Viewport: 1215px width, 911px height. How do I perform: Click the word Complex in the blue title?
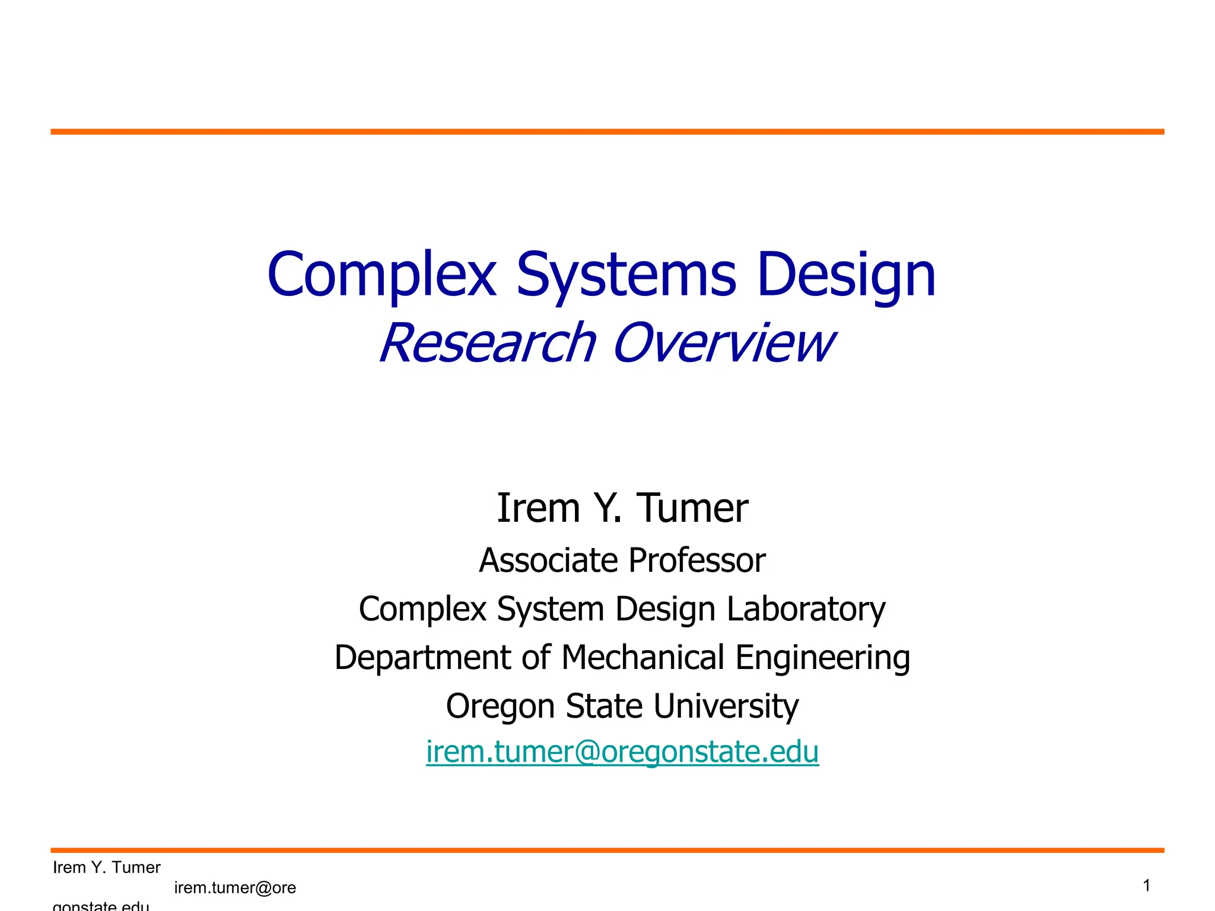pos(381,275)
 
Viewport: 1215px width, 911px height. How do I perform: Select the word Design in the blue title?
pos(847,275)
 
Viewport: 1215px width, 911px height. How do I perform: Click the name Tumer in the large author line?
pos(692,508)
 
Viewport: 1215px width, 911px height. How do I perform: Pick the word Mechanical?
pos(643,658)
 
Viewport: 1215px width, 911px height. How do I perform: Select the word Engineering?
pos(822,658)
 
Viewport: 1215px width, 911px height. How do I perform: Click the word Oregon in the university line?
pos(500,706)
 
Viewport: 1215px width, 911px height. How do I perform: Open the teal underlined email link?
pos(622,752)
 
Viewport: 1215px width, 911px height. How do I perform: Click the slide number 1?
pos(1146,885)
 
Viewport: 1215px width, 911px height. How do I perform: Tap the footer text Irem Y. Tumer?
pos(107,868)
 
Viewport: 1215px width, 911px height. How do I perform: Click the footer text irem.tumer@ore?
pos(235,888)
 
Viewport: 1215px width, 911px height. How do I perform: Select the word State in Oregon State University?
pos(603,706)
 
